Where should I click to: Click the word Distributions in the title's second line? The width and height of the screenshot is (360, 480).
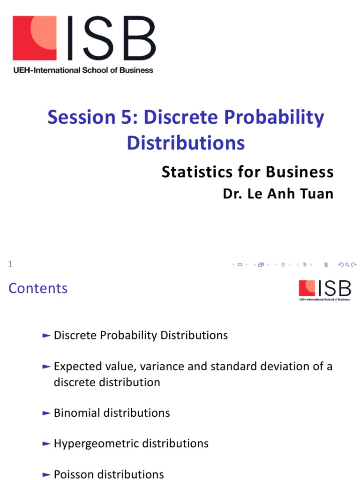tap(186, 142)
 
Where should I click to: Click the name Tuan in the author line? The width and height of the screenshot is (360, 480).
tap(318, 194)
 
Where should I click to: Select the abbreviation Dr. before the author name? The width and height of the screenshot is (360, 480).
tap(232, 194)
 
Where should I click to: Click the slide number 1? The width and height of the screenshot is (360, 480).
tap(10, 265)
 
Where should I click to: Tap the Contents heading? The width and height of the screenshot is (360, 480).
tap(38, 288)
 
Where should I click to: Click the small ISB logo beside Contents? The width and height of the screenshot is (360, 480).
tap(324, 290)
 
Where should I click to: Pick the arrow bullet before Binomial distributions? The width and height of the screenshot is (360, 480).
tap(46, 413)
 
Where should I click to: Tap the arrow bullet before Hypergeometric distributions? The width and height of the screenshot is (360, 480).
tap(46, 443)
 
